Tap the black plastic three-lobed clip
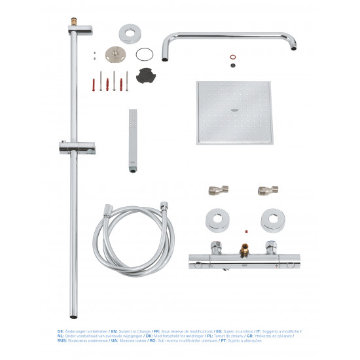(x=146, y=75)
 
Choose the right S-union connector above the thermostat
(x=262, y=190)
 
